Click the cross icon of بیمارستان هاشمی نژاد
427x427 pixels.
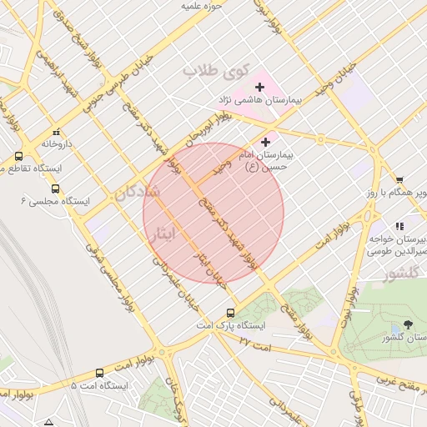[x=260, y=86]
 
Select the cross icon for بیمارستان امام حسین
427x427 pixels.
[x=266, y=142]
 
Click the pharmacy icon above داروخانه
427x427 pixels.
[x=56, y=132]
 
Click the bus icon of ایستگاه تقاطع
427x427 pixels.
[x=18, y=156]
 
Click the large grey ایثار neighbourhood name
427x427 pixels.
[x=162, y=235]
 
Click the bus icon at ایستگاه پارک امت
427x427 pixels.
[x=230, y=314]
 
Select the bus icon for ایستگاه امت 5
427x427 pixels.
[x=99, y=373]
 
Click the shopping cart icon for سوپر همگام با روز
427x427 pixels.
[x=399, y=180]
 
